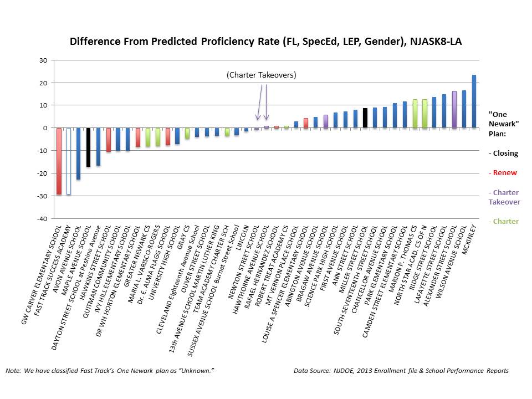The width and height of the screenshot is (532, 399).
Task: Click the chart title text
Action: [265, 42]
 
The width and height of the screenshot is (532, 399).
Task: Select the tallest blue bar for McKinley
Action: [474, 101]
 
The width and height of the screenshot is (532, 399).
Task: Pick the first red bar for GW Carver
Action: [59, 161]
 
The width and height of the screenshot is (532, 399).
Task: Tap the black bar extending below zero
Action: [88, 147]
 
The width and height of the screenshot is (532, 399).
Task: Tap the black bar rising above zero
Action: [365, 118]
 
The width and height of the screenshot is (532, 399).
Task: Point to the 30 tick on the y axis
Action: [43, 60]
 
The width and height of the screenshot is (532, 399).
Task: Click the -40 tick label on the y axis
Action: [42, 218]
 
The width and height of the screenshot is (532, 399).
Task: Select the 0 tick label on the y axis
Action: [45, 128]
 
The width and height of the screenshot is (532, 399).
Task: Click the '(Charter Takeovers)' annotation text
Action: [261, 75]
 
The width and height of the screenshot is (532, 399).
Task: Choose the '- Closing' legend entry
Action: [503, 153]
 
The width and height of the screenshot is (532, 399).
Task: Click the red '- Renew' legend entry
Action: [503, 172]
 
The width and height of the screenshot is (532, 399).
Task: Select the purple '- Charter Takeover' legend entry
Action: [504, 197]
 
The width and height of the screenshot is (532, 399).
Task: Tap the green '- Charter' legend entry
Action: [503, 221]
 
